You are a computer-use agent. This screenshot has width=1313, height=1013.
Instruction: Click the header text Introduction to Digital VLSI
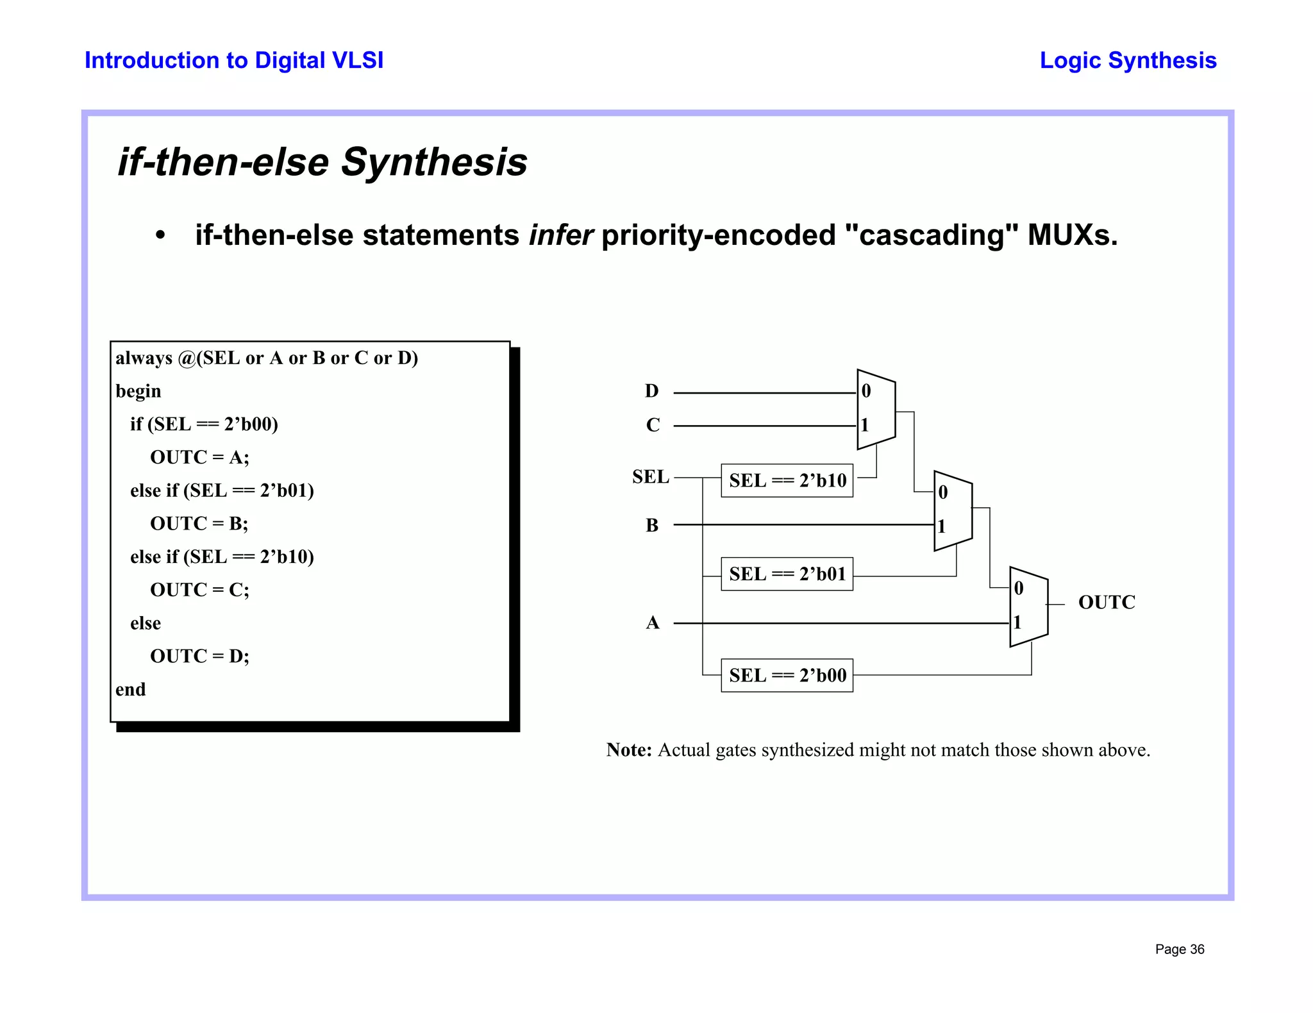point(234,61)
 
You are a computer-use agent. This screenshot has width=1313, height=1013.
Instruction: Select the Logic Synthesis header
point(1128,61)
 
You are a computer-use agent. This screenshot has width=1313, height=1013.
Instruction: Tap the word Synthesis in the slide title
point(434,162)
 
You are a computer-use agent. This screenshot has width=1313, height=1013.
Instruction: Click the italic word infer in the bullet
point(560,235)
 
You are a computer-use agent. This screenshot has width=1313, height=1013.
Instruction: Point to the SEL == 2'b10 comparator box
point(787,481)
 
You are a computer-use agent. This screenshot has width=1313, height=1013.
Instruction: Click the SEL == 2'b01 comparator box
point(787,574)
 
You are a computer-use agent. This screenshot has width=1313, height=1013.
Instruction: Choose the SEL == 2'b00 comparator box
point(787,676)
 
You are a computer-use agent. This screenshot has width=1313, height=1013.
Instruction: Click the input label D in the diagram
point(651,391)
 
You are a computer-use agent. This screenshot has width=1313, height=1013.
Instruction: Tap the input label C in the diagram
point(653,425)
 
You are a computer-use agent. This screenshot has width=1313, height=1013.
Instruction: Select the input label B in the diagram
point(652,526)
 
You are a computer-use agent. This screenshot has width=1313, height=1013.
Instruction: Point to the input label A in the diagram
point(653,623)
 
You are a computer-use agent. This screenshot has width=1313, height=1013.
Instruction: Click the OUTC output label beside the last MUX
point(1107,603)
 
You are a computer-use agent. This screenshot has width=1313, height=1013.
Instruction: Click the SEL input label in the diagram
point(650,477)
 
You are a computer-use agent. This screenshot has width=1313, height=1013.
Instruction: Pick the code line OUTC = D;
point(199,657)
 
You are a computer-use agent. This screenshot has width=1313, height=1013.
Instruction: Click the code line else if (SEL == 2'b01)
point(222,491)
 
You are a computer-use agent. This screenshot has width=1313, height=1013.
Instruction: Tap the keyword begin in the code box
point(138,392)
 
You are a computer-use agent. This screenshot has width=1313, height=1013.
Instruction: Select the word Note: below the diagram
point(629,750)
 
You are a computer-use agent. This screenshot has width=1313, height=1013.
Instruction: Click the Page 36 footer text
point(1179,950)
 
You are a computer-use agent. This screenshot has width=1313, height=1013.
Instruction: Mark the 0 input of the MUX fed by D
point(866,391)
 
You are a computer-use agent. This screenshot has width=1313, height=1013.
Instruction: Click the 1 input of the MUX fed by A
point(1017,623)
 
